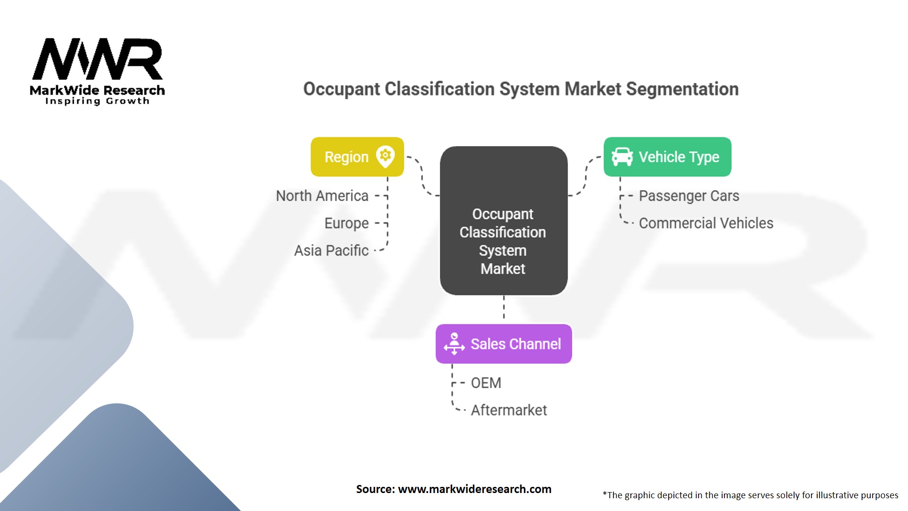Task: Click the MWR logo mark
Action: (x=97, y=59)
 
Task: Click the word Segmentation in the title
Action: (x=682, y=89)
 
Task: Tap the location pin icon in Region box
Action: (x=385, y=156)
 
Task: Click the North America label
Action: (x=322, y=196)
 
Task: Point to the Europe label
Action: (x=346, y=223)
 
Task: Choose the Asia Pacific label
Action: (x=331, y=251)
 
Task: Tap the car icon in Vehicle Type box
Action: (x=622, y=157)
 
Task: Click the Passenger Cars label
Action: (x=689, y=196)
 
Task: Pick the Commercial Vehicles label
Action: (x=706, y=223)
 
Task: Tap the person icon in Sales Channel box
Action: (x=454, y=344)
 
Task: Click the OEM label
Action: (x=486, y=383)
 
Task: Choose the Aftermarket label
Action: (x=508, y=410)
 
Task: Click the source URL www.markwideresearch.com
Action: (x=474, y=489)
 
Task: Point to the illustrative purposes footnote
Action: (x=750, y=495)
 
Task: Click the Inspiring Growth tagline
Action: (x=97, y=101)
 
